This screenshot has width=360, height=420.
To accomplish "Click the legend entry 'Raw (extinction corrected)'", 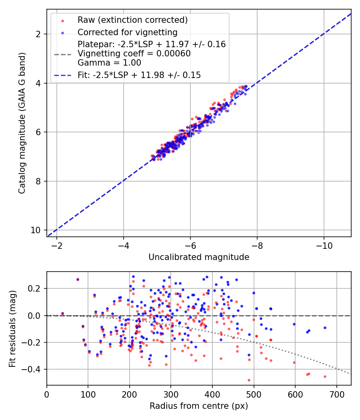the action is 132,20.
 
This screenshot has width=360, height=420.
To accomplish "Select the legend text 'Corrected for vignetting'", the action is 128,32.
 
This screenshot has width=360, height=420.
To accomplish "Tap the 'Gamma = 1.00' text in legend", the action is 109,63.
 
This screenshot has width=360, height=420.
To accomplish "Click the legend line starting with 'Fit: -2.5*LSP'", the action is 139,75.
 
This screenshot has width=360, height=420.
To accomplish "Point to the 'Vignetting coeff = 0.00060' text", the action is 134,54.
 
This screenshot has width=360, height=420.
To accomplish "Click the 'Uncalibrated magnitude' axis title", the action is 199,257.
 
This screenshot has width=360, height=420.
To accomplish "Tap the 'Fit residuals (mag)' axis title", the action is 12,329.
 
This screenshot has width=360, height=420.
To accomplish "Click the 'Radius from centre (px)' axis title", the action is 199,406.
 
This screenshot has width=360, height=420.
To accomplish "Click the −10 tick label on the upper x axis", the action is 324,246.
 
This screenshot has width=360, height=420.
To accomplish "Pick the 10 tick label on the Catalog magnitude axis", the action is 35,230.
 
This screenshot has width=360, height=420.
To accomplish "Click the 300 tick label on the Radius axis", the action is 171,394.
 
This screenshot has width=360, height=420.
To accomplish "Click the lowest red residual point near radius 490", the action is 249,380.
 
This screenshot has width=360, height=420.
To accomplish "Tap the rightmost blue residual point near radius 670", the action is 325,328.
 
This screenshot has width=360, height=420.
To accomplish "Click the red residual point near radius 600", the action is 294,362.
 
